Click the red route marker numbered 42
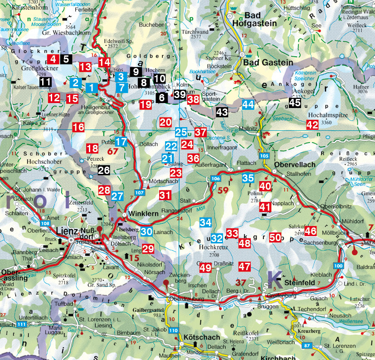click(x=312, y=125)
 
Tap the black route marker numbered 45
click(x=295, y=103)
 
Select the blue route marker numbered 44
click(x=248, y=104)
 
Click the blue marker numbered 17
click(x=121, y=142)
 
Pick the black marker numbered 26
click(x=104, y=171)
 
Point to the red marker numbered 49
click(x=205, y=268)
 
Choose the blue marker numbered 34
click(x=205, y=222)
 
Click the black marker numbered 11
click(x=45, y=82)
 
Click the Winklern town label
click(x=145, y=213)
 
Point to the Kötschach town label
click(x=202, y=338)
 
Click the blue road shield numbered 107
click(x=140, y=193)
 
